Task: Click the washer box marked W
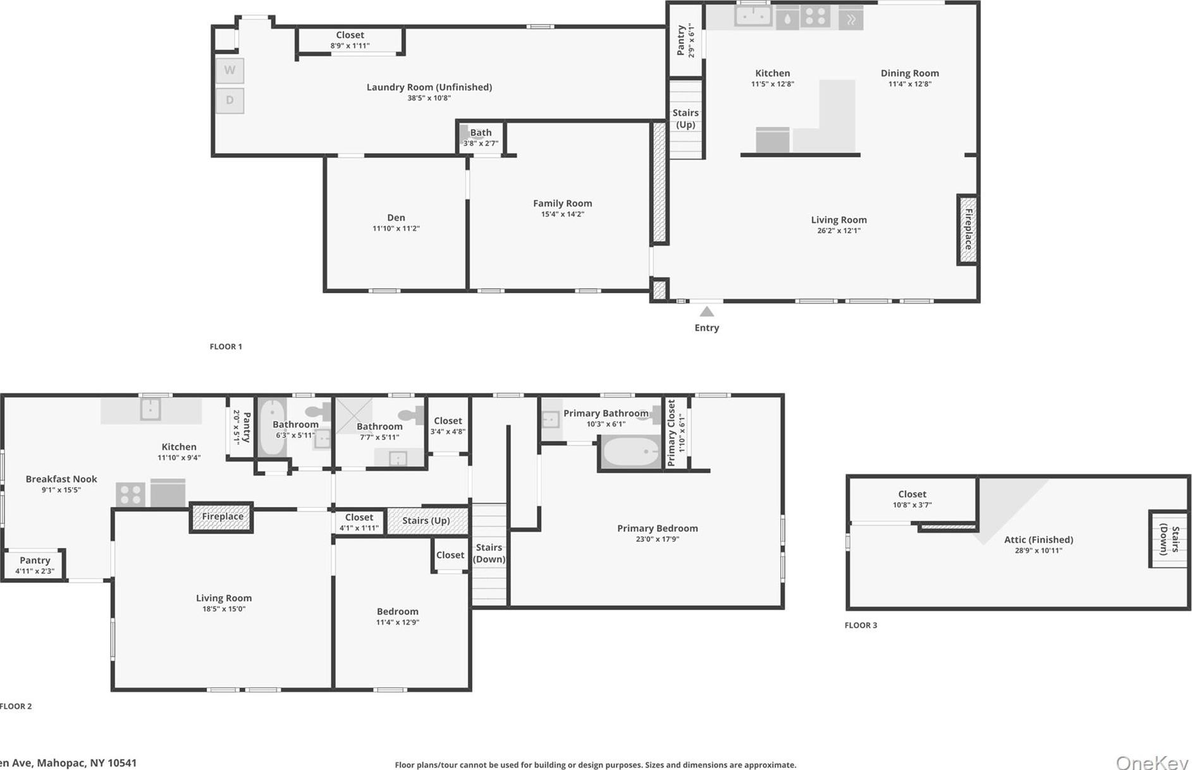click(x=230, y=70)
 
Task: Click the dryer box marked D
click(x=230, y=100)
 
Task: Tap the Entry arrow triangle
click(x=707, y=312)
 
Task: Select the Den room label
click(x=396, y=217)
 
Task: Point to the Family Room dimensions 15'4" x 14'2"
click(x=562, y=214)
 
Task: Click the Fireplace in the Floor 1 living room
click(x=968, y=229)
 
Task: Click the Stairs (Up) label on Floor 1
click(x=685, y=118)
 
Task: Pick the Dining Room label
click(x=909, y=73)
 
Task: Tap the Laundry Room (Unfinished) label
click(x=429, y=87)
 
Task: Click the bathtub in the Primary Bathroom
click(x=630, y=452)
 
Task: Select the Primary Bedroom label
click(x=657, y=529)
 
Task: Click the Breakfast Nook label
click(x=61, y=479)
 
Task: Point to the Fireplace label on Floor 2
click(x=222, y=516)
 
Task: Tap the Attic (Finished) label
click(x=1038, y=540)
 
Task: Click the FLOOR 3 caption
click(x=861, y=625)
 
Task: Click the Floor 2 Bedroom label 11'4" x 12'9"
click(x=397, y=612)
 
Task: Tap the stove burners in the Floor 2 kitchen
click(x=131, y=494)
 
